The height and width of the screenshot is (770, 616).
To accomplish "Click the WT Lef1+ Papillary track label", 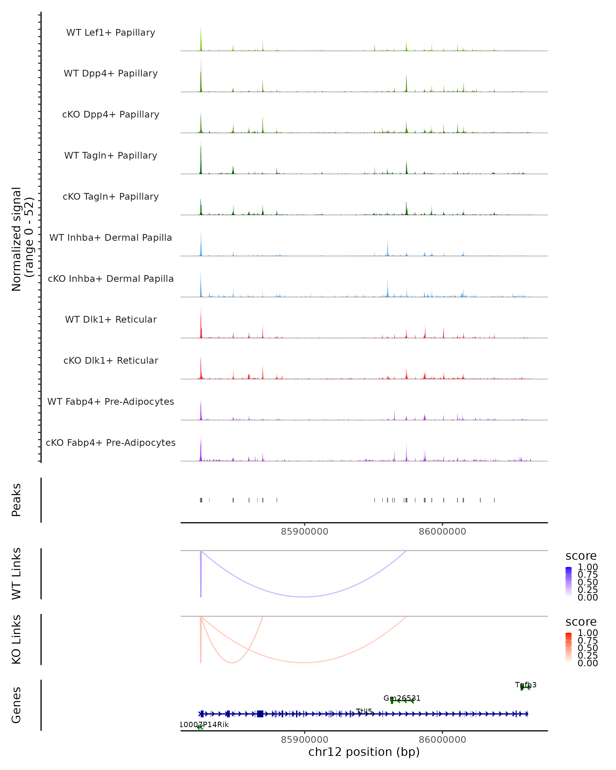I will coord(111,33).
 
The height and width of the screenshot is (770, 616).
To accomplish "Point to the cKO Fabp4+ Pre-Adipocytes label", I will coord(111,442).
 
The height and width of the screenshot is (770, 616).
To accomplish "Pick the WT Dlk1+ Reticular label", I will coord(111,319).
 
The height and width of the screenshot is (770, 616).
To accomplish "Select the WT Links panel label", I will coord(16,574).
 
